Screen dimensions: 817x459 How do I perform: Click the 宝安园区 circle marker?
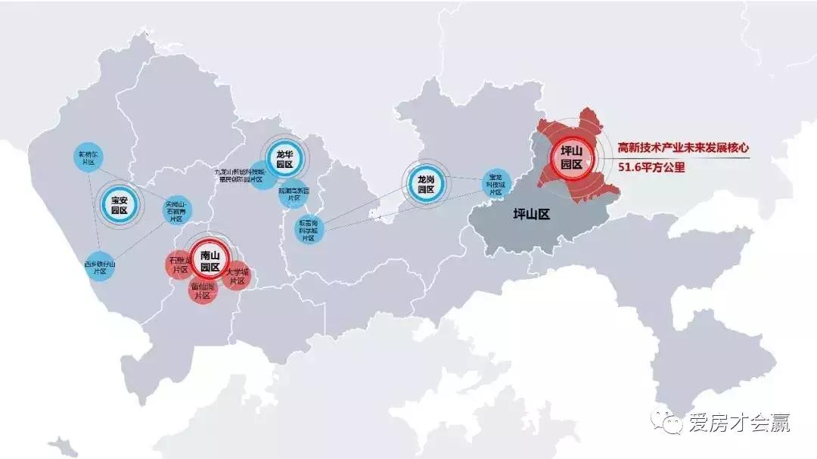click(x=119, y=204)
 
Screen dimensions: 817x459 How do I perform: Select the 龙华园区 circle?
click(x=284, y=159)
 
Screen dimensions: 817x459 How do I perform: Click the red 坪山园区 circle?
click(x=570, y=158)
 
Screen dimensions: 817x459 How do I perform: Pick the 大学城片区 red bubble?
click(x=238, y=275)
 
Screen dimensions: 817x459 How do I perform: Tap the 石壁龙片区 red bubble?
click(x=180, y=264)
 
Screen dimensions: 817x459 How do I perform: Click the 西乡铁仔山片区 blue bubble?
click(x=98, y=266)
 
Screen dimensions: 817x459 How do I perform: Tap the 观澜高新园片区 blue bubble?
click(x=293, y=192)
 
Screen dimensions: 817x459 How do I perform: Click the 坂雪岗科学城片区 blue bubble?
click(x=308, y=228)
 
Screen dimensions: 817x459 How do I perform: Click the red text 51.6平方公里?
click(x=651, y=168)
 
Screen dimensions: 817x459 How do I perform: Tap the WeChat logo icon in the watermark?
click(x=669, y=422)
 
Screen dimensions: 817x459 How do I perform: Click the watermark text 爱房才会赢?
click(x=739, y=423)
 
